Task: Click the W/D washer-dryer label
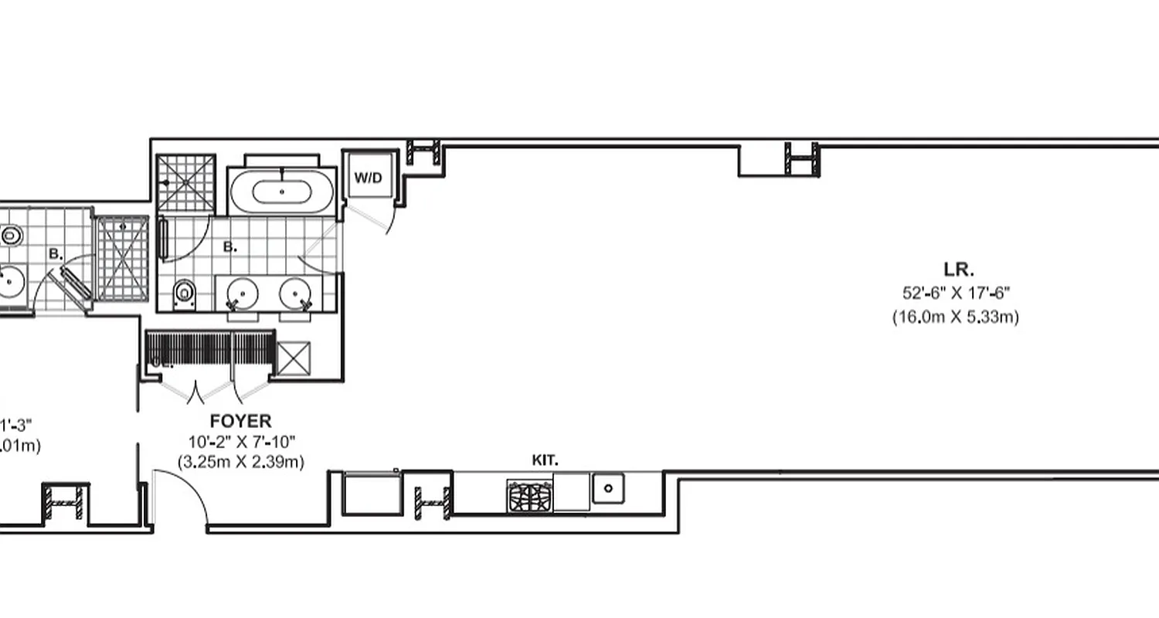(368, 178)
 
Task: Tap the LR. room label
(958, 270)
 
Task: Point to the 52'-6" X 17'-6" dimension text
(956, 293)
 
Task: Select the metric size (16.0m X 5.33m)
(955, 317)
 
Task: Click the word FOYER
(241, 422)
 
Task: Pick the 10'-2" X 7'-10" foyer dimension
(241, 442)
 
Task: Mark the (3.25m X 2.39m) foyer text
(241, 462)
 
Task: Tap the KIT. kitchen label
(545, 460)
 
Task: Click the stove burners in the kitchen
(530, 495)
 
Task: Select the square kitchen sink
(608, 488)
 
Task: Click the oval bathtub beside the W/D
(282, 190)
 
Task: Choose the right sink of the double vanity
(295, 293)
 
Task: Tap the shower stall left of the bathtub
(185, 183)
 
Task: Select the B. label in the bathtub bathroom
(229, 247)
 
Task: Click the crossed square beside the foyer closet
(293, 358)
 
